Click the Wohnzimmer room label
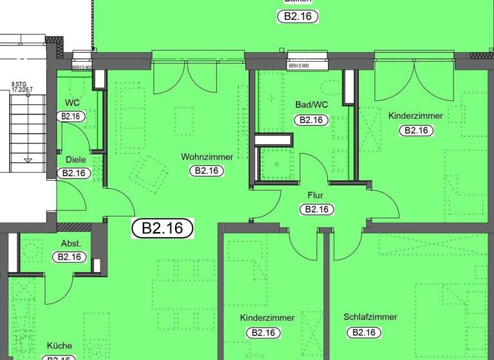pos(206,157)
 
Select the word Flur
pos(315,195)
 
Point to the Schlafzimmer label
pos(370,317)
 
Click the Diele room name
pos(76,160)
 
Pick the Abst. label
pos(70,243)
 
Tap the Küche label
pos(59,345)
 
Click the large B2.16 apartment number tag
pos(163,228)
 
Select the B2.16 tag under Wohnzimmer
pos(206,171)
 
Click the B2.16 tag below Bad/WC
pos(311,120)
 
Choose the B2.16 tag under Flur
pos(316,209)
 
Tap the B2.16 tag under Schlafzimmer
pos(363,332)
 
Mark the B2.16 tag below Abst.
pos(69,257)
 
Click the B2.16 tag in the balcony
pos(298,17)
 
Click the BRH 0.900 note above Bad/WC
pos(298,66)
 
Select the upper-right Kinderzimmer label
pos(416,116)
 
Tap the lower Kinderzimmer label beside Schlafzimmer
pos(267,318)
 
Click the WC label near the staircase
pos(71,103)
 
